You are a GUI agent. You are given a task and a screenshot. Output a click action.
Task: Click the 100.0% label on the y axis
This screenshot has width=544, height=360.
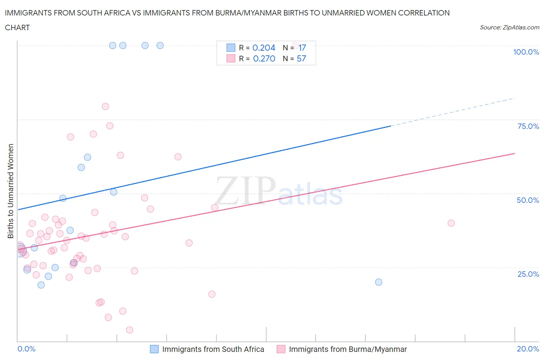pos(526,52)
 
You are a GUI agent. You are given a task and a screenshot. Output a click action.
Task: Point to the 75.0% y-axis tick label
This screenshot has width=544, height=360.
pos(528,126)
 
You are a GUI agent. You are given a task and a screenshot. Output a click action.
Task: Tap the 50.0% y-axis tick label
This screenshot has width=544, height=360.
pos(528,200)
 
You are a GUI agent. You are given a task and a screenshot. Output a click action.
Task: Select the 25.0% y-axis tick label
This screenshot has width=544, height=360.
pos(528,274)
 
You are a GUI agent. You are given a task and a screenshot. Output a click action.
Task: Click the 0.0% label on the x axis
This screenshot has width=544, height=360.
pos(26,349)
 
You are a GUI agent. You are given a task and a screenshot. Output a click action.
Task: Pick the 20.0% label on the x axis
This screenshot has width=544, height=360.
pos(528,349)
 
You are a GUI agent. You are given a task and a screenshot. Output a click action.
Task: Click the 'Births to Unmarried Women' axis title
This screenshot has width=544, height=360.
pos(10,191)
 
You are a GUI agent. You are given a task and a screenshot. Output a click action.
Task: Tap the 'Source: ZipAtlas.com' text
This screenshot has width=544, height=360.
pos(509,27)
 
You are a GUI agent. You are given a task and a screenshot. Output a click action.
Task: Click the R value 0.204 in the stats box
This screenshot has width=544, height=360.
pos(263,48)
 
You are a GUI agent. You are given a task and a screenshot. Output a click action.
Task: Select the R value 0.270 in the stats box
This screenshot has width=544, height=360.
pos(264,58)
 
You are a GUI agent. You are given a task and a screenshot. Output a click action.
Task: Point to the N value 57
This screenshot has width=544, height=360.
pos(301,58)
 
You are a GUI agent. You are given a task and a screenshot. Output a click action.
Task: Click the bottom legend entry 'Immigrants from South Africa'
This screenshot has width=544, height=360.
pos(213,349)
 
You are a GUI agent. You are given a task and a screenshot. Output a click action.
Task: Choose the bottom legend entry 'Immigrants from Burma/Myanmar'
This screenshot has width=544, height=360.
pos(347,349)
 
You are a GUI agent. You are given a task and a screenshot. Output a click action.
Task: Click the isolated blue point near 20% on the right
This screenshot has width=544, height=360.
pos(378,282)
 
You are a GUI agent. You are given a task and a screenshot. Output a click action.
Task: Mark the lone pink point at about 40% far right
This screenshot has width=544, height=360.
pos(451,223)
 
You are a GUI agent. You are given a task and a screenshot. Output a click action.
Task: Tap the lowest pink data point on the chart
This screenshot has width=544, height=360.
pos(130,330)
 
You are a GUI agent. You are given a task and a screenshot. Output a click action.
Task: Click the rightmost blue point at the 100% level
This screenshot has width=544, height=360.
pos(160,45)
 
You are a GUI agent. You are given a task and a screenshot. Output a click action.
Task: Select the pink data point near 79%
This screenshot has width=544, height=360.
pos(105,106)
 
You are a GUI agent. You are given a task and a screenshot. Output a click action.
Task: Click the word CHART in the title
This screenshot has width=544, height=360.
pos(17,27)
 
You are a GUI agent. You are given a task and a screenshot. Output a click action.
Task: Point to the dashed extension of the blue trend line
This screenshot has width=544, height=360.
pos(453,112)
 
